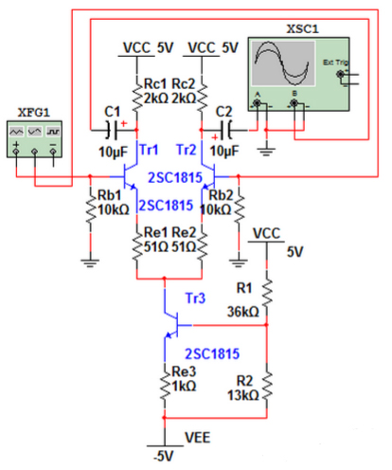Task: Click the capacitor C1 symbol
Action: click(115, 126)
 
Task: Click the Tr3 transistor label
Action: click(193, 299)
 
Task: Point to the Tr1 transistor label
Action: click(149, 151)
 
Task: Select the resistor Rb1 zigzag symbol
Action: click(90, 214)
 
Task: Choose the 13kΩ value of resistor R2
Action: click(243, 394)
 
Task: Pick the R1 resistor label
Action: click(244, 295)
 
